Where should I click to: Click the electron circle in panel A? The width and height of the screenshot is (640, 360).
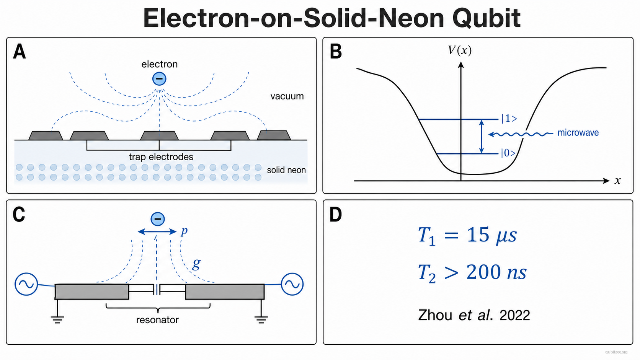pyautogui.click(x=159, y=79)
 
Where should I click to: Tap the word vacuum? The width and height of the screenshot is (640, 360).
pyautogui.click(x=287, y=96)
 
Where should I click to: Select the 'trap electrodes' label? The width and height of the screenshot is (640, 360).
pyautogui.click(x=161, y=157)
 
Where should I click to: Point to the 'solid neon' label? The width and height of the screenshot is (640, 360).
pyautogui.click(x=286, y=170)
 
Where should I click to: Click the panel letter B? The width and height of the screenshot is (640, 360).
pyautogui.click(x=336, y=52)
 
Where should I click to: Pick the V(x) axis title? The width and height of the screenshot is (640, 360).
pyautogui.click(x=460, y=50)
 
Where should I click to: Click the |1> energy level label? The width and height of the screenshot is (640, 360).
pyautogui.click(x=509, y=119)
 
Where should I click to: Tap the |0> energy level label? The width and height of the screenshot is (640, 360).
pyautogui.click(x=508, y=153)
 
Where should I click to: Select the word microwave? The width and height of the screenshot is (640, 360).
pyautogui.click(x=578, y=133)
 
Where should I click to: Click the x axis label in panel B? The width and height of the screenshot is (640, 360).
pyautogui.click(x=618, y=181)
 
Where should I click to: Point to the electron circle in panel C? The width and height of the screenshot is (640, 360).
pyautogui.click(x=158, y=219)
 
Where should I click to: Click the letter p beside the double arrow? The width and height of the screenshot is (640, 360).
pyautogui.click(x=184, y=231)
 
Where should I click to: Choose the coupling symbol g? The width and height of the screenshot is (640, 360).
pyautogui.click(x=196, y=264)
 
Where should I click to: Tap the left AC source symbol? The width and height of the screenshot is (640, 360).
pyautogui.click(x=26, y=284)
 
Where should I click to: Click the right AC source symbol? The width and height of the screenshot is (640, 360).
pyautogui.click(x=292, y=284)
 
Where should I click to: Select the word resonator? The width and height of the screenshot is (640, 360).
pyautogui.click(x=157, y=320)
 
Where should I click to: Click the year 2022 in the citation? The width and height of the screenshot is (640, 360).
pyautogui.click(x=514, y=316)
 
